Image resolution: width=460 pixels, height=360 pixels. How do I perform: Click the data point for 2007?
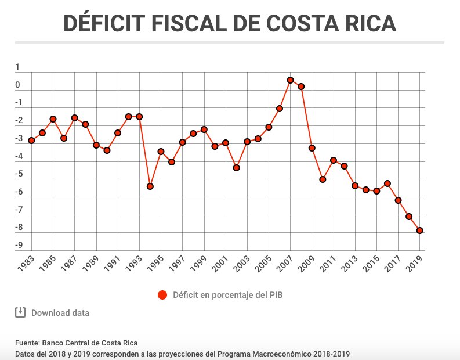coord(291,80)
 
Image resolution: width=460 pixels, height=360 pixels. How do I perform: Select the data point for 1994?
coord(150,186)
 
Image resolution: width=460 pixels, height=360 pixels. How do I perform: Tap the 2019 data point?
coord(420,231)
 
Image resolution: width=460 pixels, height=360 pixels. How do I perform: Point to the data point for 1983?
coord(31,141)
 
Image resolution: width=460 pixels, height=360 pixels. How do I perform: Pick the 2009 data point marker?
coord(312,148)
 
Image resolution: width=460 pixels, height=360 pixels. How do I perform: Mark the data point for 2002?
coord(237,168)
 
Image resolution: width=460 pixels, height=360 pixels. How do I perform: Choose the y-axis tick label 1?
coord(18,67)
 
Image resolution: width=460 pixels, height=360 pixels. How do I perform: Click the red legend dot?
coord(163,295)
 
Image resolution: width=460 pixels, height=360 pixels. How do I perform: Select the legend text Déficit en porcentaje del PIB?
coord(228,295)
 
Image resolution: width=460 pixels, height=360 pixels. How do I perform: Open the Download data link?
coord(60,313)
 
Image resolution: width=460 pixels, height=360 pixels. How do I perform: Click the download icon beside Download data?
coord(20,312)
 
